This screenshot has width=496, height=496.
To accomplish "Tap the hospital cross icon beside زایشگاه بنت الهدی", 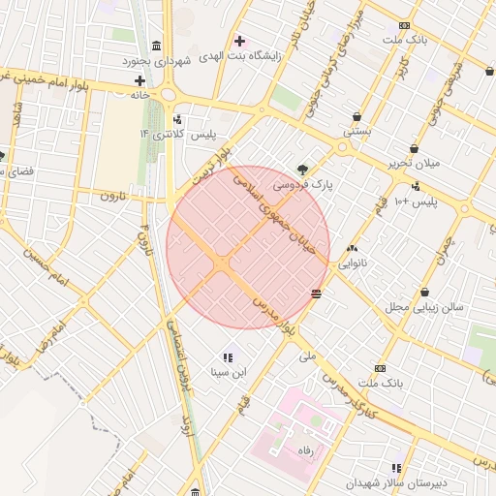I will click(240, 41).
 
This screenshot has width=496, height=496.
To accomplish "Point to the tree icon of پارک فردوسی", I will click(304, 168).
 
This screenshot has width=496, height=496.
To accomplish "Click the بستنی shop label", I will click(356, 130).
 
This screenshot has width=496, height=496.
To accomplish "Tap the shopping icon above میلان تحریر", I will click(415, 148).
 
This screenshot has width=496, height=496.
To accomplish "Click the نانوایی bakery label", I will click(351, 263).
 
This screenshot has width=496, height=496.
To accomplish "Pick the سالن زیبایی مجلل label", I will click(424, 307).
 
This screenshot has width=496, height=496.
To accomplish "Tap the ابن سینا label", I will click(230, 371).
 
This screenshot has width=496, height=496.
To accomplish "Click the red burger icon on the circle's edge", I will click(318, 293).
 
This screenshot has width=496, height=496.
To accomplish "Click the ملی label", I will click(308, 356).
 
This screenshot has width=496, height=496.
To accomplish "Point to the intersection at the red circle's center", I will click(223, 263).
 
